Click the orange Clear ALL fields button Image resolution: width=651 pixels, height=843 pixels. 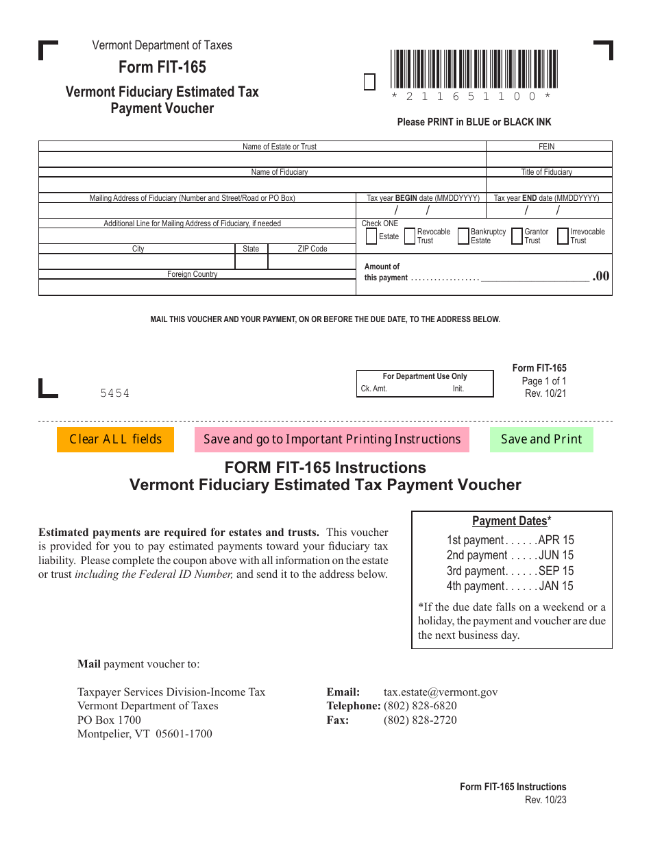[x=115, y=439]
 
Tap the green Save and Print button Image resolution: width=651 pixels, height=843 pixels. [x=541, y=439]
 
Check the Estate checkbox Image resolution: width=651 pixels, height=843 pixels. [x=371, y=236]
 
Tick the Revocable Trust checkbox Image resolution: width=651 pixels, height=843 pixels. [x=410, y=236]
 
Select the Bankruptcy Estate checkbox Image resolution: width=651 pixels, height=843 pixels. [x=463, y=236]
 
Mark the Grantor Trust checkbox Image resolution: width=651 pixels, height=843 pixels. [x=517, y=236]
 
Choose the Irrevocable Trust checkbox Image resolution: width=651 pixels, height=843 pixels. [x=563, y=236]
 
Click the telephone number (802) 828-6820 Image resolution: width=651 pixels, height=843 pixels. [x=420, y=706]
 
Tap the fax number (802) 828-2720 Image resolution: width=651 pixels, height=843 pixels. [x=420, y=720]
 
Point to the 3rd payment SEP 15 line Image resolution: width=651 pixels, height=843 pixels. [x=510, y=571]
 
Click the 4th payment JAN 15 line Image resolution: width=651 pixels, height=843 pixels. [x=510, y=586]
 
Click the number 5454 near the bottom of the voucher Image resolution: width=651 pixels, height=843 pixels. [x=114, y=393]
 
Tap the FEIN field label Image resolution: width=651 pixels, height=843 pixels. [x=547, y=147]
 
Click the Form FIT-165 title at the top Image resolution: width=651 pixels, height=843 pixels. [x=162, y=67]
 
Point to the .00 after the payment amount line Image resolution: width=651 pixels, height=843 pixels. [x=601, y=276]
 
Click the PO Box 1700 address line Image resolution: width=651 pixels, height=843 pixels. [x=109, y=720]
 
